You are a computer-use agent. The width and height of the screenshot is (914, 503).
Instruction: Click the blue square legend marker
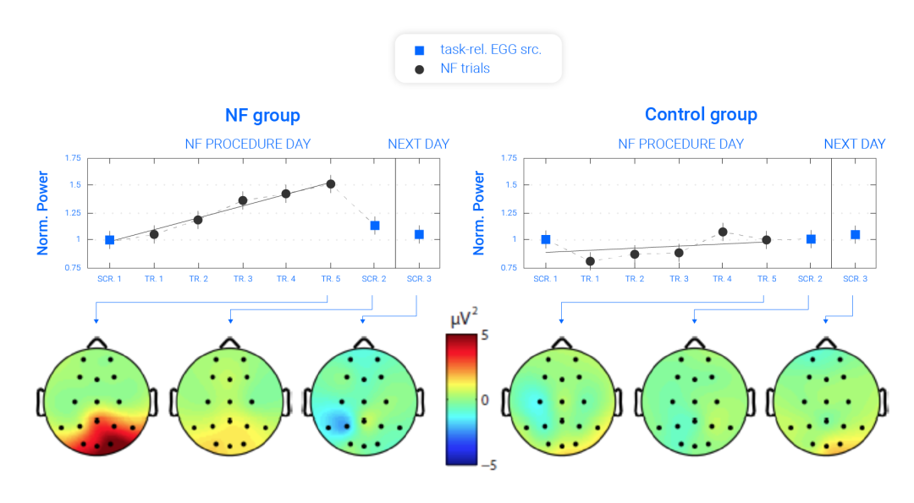(x=419, y=50)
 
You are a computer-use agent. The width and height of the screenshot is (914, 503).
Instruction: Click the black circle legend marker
(x=419, y=68)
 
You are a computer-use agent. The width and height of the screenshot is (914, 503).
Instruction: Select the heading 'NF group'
(x=262, y=115)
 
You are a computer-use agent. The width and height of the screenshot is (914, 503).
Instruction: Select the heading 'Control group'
(x=701, y=115)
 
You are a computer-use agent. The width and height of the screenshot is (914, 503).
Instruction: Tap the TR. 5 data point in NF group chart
(x=331, y=183)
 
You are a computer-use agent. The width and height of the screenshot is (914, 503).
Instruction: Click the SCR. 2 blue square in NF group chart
(x=375, y=225)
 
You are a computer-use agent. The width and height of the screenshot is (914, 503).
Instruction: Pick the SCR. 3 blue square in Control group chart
(x=856, y=234)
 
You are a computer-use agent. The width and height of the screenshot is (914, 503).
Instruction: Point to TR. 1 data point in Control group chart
(x=590, y=261)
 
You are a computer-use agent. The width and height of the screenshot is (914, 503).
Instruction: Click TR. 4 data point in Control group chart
(x=722, y=232)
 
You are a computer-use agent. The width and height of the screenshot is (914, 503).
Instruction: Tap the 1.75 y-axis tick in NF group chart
(x=73, y=158)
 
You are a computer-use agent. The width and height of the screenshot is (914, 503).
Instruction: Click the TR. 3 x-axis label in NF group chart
(x=242, y=278)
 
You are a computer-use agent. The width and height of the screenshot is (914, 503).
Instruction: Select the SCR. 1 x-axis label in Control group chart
(x=546, y=278)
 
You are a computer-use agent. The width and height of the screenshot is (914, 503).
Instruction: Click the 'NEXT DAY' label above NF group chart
(x=418, y=144)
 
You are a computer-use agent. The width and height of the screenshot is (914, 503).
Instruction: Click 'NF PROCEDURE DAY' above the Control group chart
(x=680, y=144)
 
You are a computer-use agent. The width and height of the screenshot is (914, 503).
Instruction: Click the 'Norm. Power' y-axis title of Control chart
(x=479, y=212)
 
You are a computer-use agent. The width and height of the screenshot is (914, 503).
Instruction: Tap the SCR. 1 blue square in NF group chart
(x=109, y=240)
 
